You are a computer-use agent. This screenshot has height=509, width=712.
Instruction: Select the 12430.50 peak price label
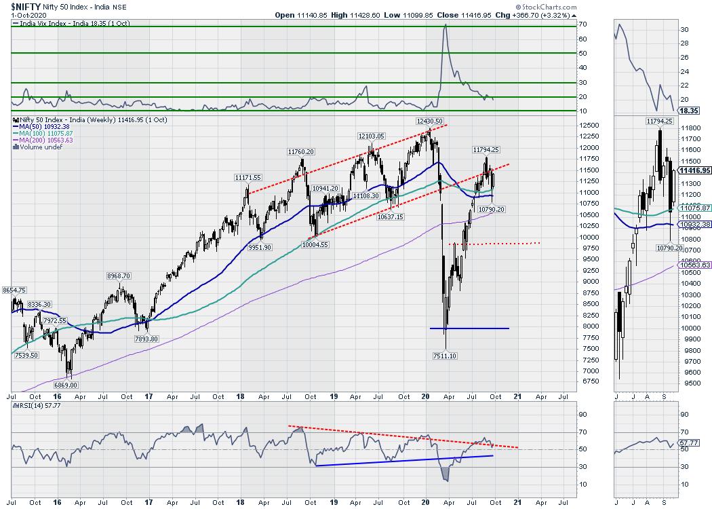point(430,121)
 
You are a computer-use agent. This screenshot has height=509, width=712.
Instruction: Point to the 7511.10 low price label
point(445,355)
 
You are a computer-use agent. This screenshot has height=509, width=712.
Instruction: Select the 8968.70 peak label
point(122,276)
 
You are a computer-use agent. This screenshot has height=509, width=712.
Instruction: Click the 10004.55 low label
point(315,245)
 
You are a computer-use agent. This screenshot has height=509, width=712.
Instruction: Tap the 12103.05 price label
point(371,136)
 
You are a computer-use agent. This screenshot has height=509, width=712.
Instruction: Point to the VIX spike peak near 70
point(445,25)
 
